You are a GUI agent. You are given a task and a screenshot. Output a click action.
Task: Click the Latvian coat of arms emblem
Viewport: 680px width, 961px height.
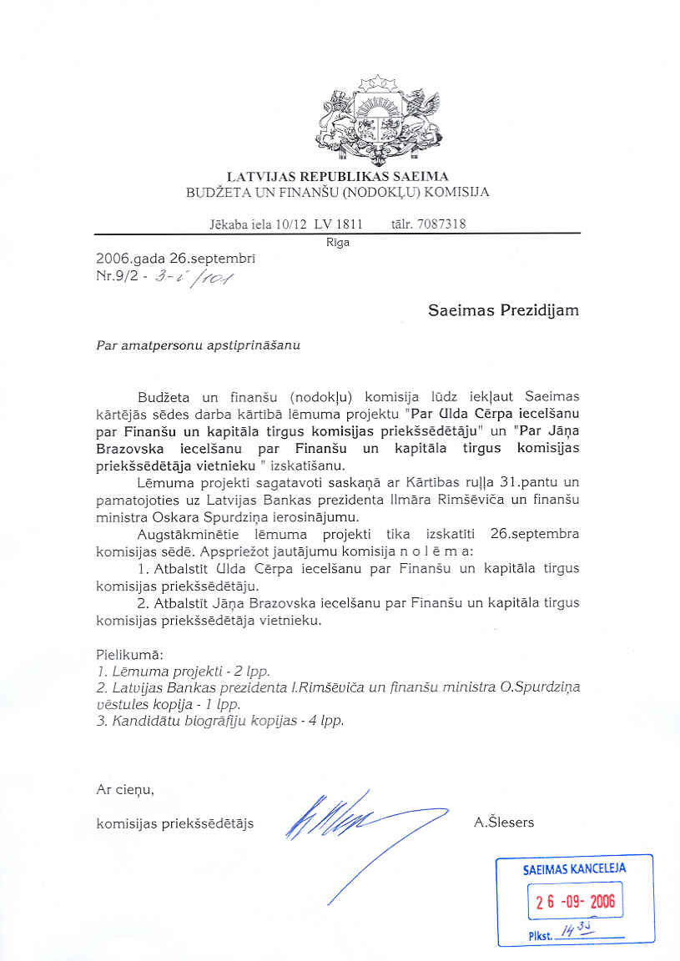(x=380, y=120)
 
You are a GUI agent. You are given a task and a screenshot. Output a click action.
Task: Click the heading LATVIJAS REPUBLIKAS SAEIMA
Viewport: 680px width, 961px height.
(x=338, y=176)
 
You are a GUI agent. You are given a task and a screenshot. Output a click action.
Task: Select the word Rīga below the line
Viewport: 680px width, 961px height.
(x=338, y=243)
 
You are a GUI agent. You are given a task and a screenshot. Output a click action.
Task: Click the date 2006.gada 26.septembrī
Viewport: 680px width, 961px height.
(x=175, y=259)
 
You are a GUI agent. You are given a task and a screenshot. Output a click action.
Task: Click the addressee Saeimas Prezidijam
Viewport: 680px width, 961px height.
(x=503, y=310)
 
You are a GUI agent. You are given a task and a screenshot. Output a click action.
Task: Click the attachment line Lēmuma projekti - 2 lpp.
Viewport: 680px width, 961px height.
(x=184, y=671)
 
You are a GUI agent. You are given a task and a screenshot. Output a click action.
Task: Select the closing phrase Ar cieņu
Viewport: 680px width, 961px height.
(x=125, y=788)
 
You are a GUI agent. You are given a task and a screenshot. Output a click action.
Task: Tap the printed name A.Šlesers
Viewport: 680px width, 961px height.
(x=503, y=823)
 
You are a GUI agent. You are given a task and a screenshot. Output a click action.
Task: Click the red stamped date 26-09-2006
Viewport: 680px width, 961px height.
(x=575, y=902)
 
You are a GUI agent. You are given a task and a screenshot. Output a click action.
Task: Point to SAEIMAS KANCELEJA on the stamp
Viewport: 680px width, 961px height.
(x=574, y=868)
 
